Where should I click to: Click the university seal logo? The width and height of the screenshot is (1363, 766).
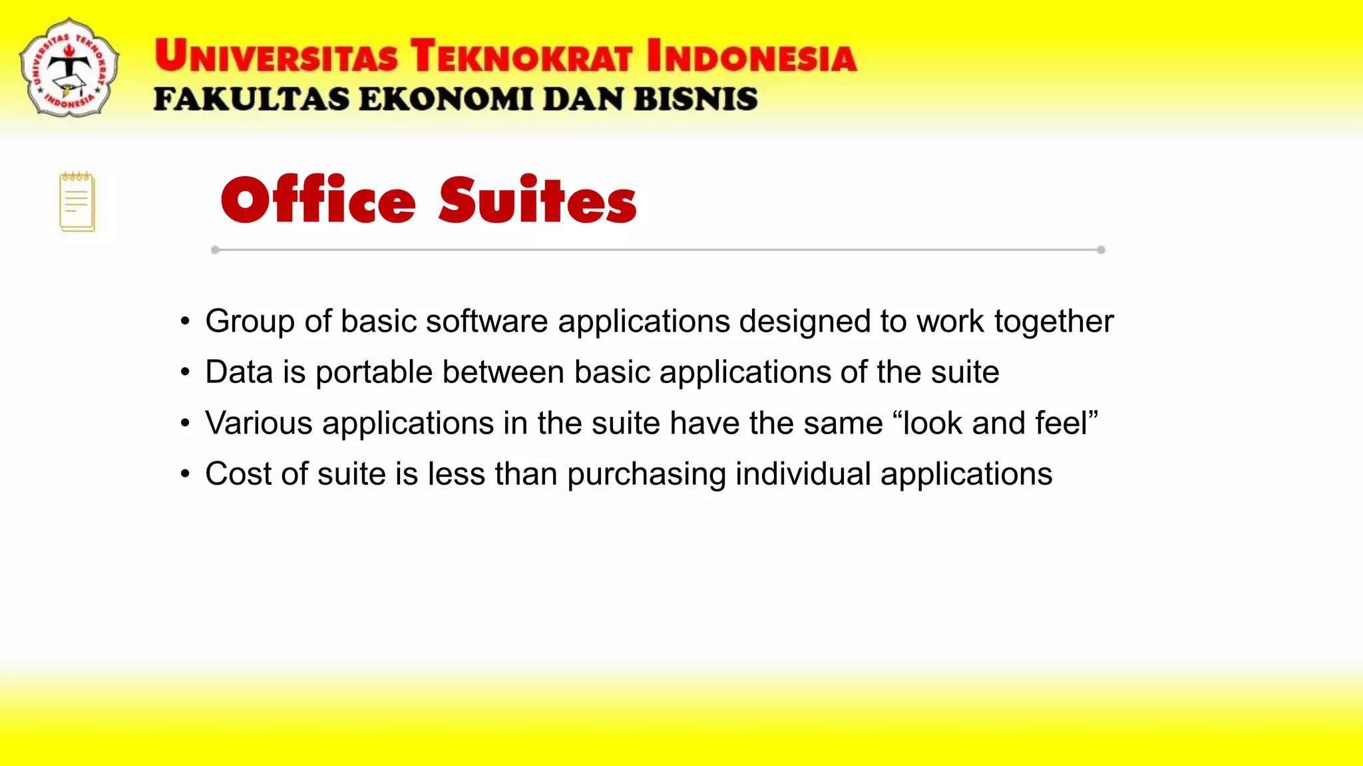click(69, 67)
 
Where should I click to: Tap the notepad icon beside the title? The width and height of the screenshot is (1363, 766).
click(77, 202)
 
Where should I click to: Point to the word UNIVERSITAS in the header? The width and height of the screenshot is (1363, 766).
click(276, 56)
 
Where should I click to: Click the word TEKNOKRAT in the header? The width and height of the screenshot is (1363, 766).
click(521, 56)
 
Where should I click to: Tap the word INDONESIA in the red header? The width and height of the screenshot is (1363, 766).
click(751, 56)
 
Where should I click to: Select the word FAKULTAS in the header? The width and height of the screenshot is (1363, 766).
click(252, 99)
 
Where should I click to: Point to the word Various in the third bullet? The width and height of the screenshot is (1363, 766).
click(259, 423)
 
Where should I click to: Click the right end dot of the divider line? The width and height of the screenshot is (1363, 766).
click(1101, 250)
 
